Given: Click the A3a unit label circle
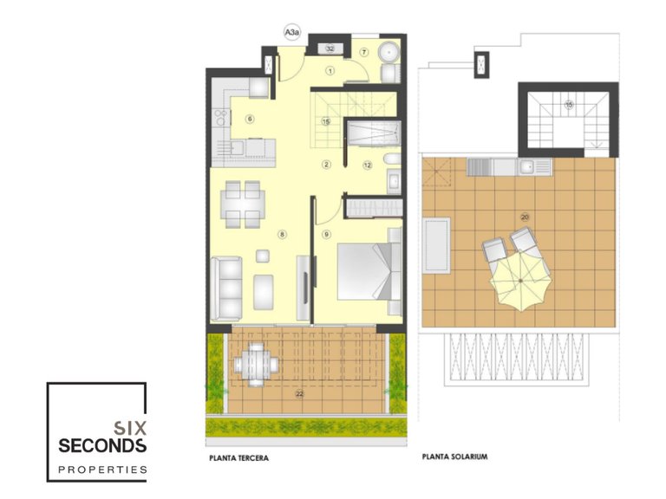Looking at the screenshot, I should pos(293,34).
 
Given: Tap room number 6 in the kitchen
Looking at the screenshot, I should pos(249,120).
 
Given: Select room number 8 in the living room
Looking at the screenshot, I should pos(282,234).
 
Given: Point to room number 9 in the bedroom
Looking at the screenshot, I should pos(327,234).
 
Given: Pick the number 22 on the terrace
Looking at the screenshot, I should pos(300,393).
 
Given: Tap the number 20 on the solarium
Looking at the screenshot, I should pos(525,217).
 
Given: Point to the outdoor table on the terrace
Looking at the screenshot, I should pos(258,358).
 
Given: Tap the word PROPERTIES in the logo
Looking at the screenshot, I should pos(102,470).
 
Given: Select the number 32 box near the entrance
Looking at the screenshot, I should pos(330,49).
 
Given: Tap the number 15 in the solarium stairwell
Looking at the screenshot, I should pos(569,105).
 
